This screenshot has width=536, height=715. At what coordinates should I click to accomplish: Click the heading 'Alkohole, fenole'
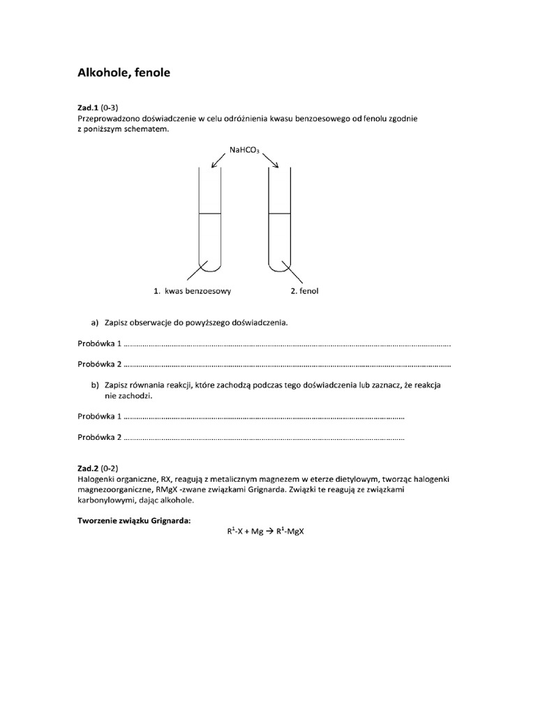122,72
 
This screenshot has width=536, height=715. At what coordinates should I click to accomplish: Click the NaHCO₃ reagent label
244,149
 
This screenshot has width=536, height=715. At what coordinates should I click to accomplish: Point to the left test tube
210,223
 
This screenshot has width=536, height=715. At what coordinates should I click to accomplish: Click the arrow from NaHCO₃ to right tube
269,160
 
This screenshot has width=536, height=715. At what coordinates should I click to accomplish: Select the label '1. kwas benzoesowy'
192,290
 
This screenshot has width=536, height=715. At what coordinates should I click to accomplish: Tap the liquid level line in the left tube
210,213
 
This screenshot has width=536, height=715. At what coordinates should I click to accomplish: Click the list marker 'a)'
95,323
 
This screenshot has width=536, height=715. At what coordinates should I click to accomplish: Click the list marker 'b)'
95,385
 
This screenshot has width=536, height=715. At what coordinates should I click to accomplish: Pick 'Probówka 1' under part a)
100,344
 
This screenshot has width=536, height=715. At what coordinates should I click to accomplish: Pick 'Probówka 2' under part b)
100,437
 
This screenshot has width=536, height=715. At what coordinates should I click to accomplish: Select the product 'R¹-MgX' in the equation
292,531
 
